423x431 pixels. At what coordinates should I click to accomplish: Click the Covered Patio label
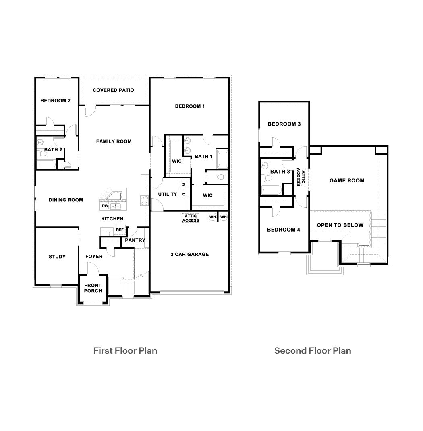[x=113, y=90]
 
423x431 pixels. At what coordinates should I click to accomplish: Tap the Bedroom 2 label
[x=56, y=101]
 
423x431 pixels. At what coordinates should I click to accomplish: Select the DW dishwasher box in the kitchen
[x=105, y=206]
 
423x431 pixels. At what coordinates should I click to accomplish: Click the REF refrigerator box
[x=120, y=230]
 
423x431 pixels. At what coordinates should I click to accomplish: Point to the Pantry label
[x=135, y=240]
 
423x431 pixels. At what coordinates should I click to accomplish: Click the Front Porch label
[x=93, y=288]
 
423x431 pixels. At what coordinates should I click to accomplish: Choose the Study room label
[x=57, y=257]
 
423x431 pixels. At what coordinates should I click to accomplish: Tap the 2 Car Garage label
[x=189, y=254]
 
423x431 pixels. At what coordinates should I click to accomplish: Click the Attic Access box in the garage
[x=191, y=218]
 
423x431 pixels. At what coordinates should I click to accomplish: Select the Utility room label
[x=168, y=194]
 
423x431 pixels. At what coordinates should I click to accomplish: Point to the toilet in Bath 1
[x=221, y=177]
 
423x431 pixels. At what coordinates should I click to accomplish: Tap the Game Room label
[x=346, y=180]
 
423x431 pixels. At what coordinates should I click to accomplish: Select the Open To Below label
[x=340, y=225]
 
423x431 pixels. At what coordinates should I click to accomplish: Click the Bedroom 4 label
[x=284, y=230]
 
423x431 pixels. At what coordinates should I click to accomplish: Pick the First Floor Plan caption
[x=125, y=350]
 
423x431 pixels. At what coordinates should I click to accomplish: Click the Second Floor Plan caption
[x=313, y=350]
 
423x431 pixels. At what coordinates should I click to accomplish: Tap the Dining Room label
[x=66, y=200]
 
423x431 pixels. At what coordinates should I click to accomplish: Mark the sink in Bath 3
[x=265, y=165]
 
